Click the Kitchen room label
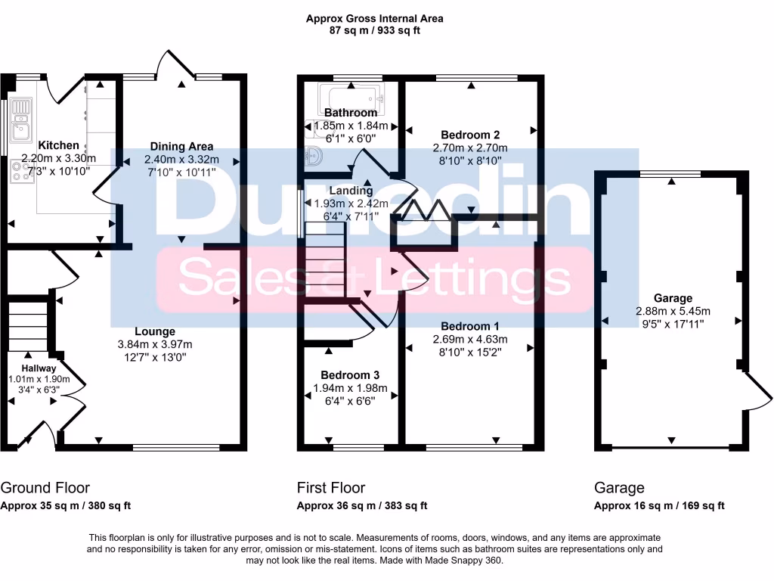[58, 145]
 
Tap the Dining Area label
[181, 146]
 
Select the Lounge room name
[155, 331]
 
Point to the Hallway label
[38, 368]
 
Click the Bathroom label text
[351, 113]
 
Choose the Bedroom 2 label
[470, 135]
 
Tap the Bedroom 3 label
[350, 375]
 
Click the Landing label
[350, 191]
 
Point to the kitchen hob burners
[17, 173]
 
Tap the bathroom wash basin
[315, 157]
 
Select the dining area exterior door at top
[171, 64]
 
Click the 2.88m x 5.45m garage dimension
[673, 311]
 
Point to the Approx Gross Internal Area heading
[374, 18]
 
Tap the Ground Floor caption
[45, 488]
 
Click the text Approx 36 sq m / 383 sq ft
[362, 506]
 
